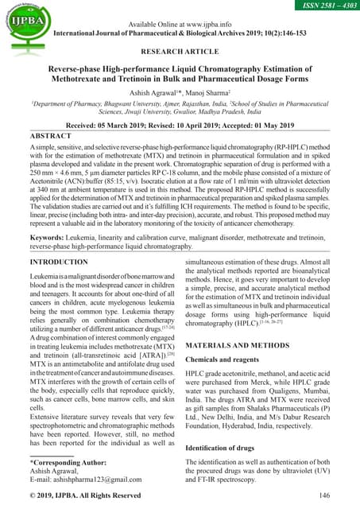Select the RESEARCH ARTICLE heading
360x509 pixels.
tap(180, 51)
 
